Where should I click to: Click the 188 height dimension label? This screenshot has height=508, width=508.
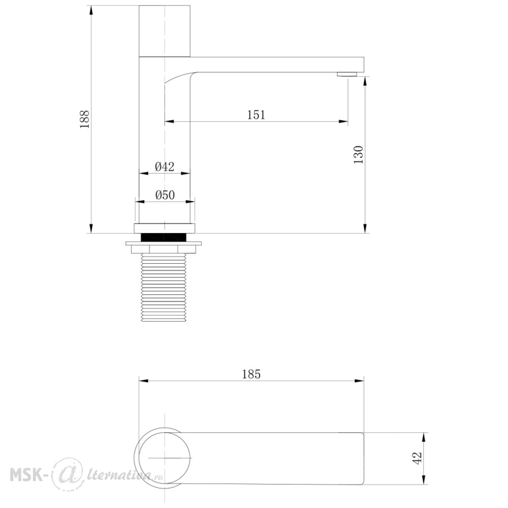[84, 119]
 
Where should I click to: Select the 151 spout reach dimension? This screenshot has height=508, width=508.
[256, 115]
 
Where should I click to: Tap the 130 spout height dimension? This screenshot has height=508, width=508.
[358, 154]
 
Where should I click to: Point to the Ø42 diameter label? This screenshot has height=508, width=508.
[165, 167]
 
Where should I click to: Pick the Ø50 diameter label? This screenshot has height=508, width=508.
[165, 195]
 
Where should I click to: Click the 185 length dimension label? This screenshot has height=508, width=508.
[251, 374]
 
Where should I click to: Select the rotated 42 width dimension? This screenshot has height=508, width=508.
[417, 458]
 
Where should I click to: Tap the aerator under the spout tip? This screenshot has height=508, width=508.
[346, 74]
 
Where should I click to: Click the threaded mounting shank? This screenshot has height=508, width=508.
[164, 288]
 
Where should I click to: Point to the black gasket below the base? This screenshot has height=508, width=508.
[164, 237]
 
